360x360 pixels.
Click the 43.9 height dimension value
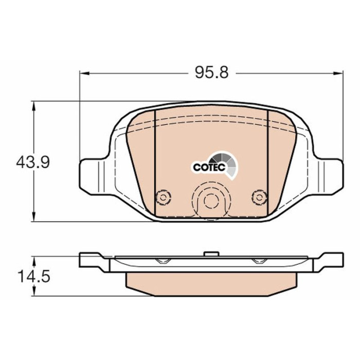point(33,162)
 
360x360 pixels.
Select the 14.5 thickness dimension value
point(34,276)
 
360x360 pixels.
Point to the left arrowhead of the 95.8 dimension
point(84,73)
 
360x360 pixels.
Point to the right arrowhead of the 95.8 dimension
point(338,73)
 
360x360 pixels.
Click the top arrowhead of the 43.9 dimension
point(34,106)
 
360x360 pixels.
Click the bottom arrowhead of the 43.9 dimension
point(34,217)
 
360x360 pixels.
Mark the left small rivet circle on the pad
point(163,197)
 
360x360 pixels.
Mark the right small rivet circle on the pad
point(259,197)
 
